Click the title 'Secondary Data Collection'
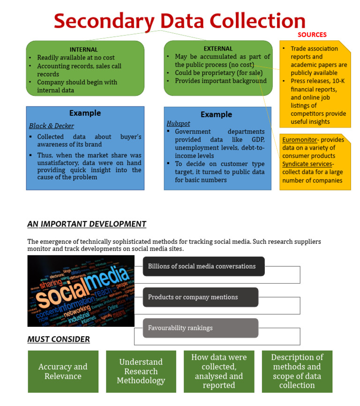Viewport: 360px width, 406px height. (x=180, y=21)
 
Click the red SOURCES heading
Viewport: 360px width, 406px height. (x=312, y=35)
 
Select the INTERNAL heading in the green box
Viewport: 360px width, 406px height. (x=83, y=49)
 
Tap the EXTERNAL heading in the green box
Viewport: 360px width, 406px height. (x=218, y=48)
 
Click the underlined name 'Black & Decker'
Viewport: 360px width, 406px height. (x=52, y=126)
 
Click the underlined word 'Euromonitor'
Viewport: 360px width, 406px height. (x=300, y=140)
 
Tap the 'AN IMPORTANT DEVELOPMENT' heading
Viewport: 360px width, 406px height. (x=87, y=224)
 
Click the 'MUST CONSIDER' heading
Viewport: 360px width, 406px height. (x=59, y=339)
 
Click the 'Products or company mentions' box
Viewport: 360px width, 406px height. (x=200, y=297)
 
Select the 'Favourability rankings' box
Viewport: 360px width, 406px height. (x=200, y=328)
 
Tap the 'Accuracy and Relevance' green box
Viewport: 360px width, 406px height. (x=63, y=371)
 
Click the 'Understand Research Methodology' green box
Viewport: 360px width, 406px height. (x=141, y=371)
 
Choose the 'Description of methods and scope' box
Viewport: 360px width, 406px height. (x=297, y=371)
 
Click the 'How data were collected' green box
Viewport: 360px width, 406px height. (x=219, y=371)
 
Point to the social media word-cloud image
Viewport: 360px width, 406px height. (x=81, y=291)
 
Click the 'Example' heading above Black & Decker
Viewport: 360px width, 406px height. (x=85, y=113)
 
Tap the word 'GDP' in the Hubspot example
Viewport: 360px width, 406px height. (x=257, y=140)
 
